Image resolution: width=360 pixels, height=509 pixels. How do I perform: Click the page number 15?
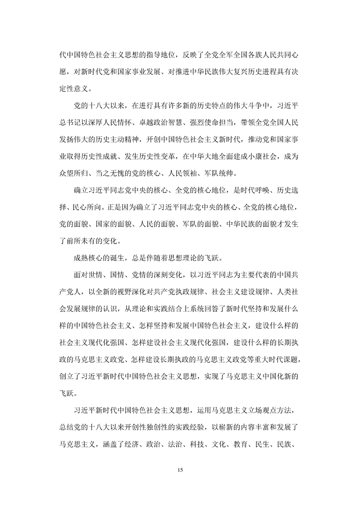180,468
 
